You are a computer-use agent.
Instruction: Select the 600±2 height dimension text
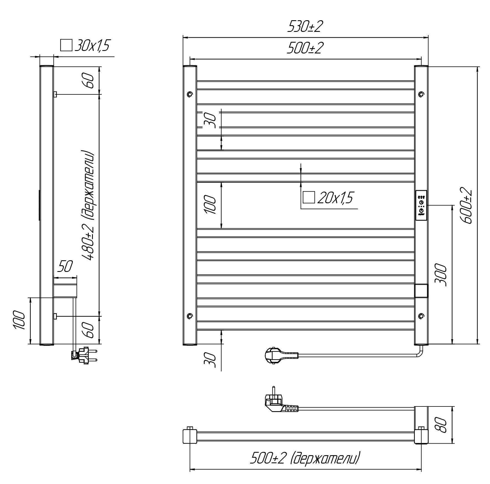pyautogui.click(x=466, y=205)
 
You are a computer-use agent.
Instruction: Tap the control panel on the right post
pyautogui.click(x=421, y=205)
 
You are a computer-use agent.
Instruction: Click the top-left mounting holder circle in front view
pyautogui.click(x=190, y=94)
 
